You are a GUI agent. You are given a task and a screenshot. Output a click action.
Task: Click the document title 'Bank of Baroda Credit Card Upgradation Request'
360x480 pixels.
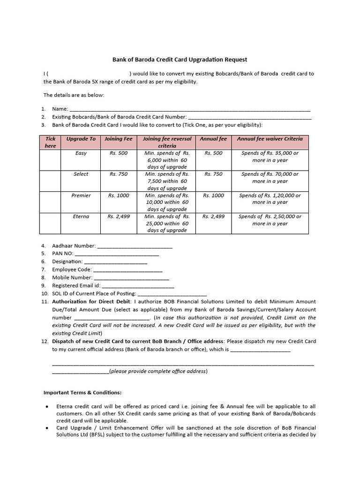point(180,60)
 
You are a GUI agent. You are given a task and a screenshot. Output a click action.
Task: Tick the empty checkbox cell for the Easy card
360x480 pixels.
point(50,160)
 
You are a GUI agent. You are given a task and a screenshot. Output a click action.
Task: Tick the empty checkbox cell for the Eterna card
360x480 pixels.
point(50,223)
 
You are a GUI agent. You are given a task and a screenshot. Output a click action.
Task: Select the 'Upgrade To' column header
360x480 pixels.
point(81,139)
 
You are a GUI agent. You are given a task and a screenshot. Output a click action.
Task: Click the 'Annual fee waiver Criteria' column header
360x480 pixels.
point(270,139)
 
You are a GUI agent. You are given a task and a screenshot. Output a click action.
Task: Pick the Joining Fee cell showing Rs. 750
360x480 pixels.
point(119,174)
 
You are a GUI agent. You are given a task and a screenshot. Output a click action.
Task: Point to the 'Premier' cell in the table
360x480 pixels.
point(81,195)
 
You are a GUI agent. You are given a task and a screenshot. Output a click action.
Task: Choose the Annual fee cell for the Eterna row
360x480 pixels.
point(213,217)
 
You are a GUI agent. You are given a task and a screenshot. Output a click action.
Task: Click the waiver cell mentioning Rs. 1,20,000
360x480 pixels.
point(270,199)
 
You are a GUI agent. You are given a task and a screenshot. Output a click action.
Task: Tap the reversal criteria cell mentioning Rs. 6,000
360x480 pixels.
point(166,160)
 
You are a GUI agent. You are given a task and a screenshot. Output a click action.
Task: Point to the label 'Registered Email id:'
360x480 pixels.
point(76,285)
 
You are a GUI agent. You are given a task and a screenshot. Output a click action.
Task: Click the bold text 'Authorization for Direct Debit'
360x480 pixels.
point(90,301)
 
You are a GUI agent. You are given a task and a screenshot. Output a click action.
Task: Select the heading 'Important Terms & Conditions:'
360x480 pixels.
point(82,392)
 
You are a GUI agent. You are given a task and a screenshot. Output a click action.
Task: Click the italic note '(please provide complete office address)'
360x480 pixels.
point(158,371)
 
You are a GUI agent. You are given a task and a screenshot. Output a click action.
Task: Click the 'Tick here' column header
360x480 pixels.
point(50,142)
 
